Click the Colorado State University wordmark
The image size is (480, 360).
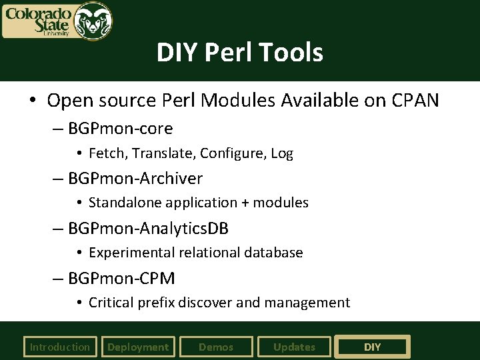39,21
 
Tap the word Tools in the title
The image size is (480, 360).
291,52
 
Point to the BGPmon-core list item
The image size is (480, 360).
120,128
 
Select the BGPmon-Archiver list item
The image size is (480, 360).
135,178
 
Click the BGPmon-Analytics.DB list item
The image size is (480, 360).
148,229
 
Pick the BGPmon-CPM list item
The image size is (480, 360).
121,278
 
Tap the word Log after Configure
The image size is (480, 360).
282,153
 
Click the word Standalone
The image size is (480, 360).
125,203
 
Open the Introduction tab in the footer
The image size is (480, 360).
59,347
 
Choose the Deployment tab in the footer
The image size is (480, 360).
138,347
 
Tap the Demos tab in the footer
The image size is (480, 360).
216,347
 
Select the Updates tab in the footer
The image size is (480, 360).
294,347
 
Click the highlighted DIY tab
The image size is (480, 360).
372,347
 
